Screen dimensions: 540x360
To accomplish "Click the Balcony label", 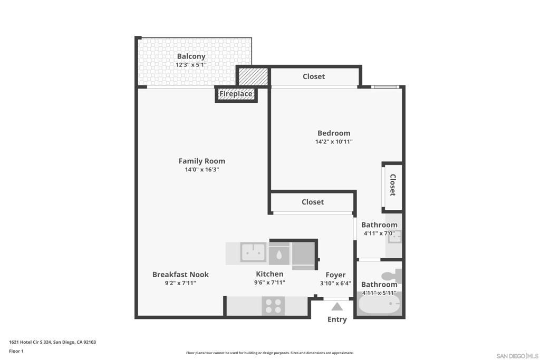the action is pos(191,56).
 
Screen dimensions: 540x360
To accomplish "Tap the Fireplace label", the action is pos(236,94).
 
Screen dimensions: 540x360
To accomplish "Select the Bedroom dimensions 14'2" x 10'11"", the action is pos(334,141).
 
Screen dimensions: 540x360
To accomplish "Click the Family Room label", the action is pos(202,161).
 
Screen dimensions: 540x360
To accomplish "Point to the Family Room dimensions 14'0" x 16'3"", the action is pos(202,169).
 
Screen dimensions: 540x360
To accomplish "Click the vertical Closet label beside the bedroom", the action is pos(392,185).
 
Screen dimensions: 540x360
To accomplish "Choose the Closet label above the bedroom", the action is pos(314,76).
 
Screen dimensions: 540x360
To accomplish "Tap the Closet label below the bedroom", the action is pos(313,202).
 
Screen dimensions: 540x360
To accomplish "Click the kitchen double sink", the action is pos(253,252).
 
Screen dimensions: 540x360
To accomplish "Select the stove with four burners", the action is pos(273,306).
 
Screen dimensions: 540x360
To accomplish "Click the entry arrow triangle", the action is pos(337,306).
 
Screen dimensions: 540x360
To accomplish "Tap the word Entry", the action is pos(337,319).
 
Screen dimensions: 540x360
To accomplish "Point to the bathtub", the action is pos(379,304).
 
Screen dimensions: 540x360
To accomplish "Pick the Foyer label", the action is pos(335,275).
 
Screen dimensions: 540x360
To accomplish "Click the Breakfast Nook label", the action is pos(180,275).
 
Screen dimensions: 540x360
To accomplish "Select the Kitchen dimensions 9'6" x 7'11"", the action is pos(269,283).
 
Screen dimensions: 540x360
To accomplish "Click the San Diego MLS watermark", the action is pos(517,356).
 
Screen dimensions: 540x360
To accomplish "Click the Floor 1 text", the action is pos(16,351).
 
